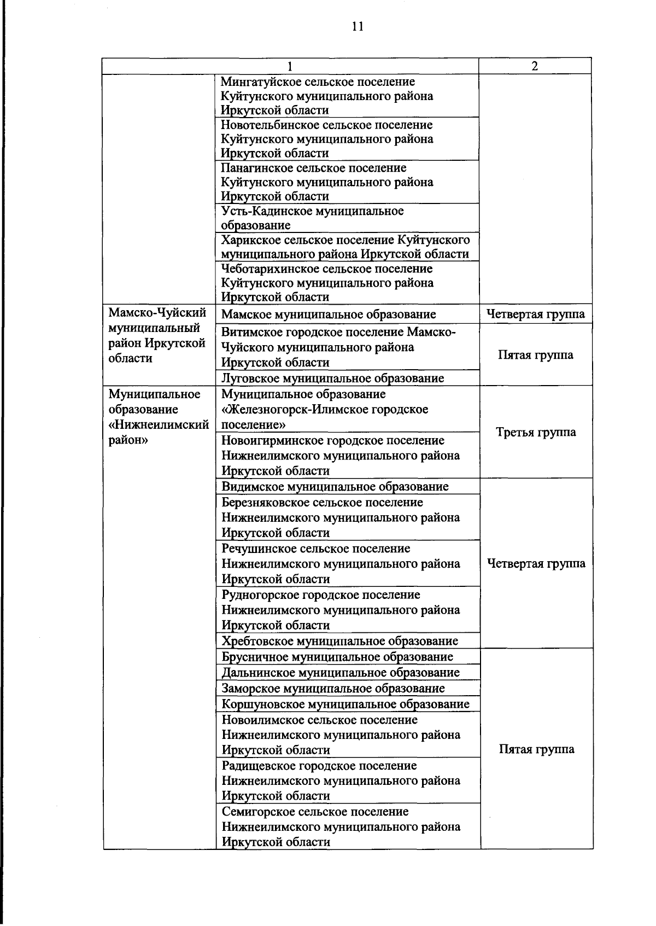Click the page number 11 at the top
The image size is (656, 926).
(358, 27)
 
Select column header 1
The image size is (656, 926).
(290, 66)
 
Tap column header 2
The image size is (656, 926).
(535, 66)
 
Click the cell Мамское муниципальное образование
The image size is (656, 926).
(329, 315)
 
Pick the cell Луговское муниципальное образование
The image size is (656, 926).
(332, 378)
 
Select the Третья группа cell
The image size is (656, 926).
(536, 432)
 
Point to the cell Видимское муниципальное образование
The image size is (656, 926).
(335, 486)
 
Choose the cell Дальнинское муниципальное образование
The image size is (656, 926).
(341, 672)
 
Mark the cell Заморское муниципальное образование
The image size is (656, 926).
(333, 688)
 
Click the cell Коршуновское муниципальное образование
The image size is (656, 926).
(345, 704)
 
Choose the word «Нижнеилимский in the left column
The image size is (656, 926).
(159, 425)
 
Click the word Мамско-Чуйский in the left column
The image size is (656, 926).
(157, 313)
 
